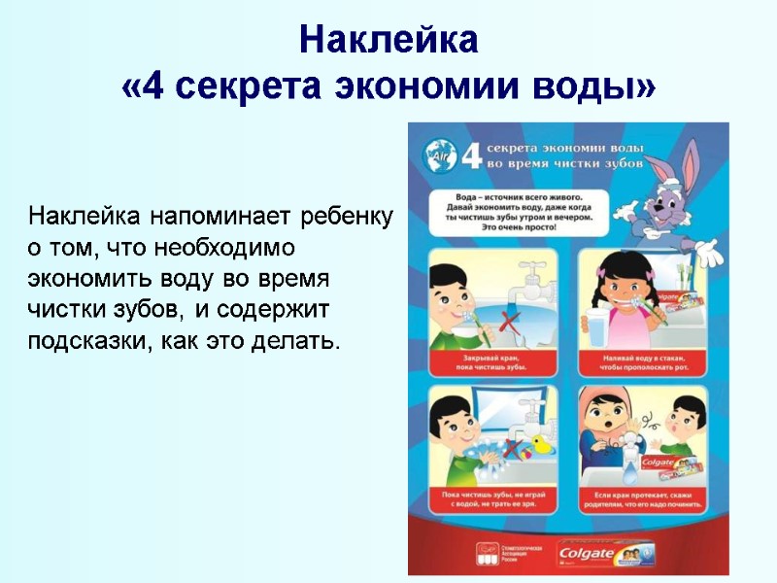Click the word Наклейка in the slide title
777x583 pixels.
[x=388, y=41]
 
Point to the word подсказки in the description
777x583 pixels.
[x=83, y=342]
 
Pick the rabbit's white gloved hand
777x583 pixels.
[x=699, y=251]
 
